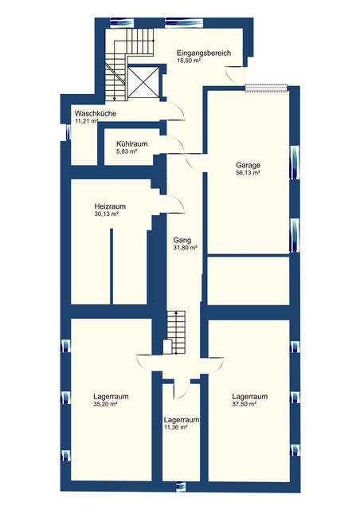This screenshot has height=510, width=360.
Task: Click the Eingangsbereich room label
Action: pyautogui.click(x=204, y=53)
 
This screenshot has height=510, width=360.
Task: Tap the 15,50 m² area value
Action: pyautogui.click(x=189, y=61)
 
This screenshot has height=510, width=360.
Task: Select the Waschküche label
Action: pyautogui.click(x=96, y=113)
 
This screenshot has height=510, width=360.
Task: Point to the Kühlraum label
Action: pyautogui.click(x=132, y=143)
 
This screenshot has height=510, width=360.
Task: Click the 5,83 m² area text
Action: pyautogui.click(x=127, y=151)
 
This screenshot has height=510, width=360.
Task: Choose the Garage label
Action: pyautogui.click(x=248, y=165)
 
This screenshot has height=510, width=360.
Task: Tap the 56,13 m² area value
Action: pyautogui.click(x=248, y=173)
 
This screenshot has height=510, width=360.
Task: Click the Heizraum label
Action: pyautogui.click(x=110, y=206)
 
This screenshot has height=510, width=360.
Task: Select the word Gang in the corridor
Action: pyautogui.click(x=182, y=241)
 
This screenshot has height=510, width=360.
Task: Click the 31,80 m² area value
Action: pyautogui.click(x=186, y=248)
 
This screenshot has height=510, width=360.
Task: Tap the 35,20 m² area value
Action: pyautogui.click(x=105, y=404)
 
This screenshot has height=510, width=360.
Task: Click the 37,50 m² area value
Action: pyautogui.click(x=245, y=404)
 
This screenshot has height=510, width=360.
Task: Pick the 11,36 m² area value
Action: pyautogui.click(x=175, y=428)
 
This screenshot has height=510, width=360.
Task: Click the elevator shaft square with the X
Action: pyautogui.click(x=143, y=82)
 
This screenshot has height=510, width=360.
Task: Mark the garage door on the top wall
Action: pyautogui.click(x=267, y=88)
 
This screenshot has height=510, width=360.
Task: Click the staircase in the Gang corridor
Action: pyautogui.click(x=176, y=332)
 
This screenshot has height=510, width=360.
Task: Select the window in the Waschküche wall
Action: pyautogui.click(x=68, y=133)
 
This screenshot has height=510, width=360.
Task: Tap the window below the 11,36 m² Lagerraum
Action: pyautogui.click(x=181, y=486)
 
